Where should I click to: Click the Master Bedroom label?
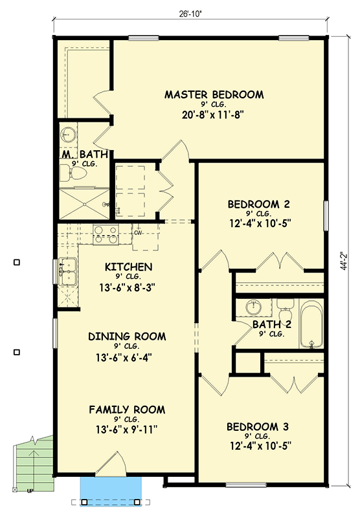(x=214, y=95)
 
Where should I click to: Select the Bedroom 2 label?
(x=258, y=204)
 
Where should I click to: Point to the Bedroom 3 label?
(x=258, y=427)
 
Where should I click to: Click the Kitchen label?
(x=128, y=267)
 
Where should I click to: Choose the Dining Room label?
(x=127, y=336)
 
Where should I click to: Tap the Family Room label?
(x=127, y=410)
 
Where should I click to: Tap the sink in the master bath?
(x=69, y=135)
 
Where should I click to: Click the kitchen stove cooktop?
(x=105, y=234)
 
